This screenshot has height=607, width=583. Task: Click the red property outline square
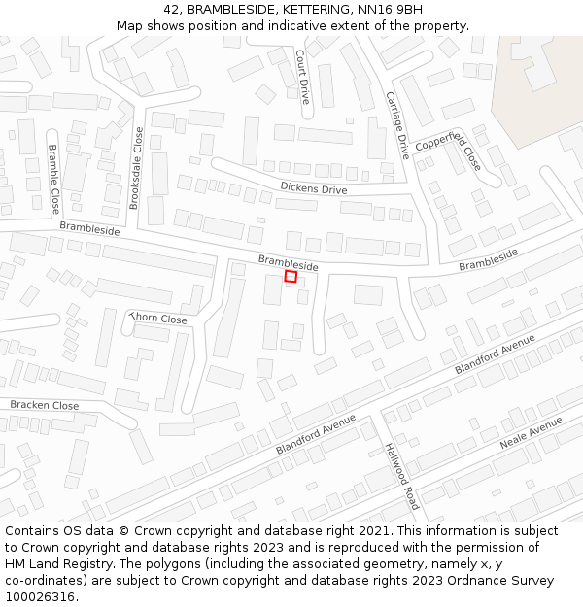coord(291,277)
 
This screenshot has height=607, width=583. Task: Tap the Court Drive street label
coord(302,77)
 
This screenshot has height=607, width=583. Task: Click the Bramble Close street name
coord(53,180)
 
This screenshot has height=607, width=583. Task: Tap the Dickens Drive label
coord(313,187)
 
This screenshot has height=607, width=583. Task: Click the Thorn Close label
coord(157,319)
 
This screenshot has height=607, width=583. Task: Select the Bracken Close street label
coord(45,405)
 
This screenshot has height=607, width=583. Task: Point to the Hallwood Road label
coord(400,476)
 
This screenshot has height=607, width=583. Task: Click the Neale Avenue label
coord(531,434)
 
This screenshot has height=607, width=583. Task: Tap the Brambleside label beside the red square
coord(288,262)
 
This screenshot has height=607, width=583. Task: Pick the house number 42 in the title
coord(172,10)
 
